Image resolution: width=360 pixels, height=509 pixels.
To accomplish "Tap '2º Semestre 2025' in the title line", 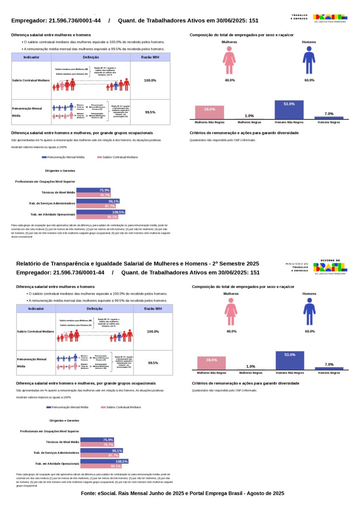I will point(235,264).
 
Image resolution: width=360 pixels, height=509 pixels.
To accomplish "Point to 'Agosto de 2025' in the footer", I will point(264,493).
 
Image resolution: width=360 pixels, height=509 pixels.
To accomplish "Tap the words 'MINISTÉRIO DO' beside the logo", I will point(296,264).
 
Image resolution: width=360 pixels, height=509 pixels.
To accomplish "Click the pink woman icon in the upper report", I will point(230,61).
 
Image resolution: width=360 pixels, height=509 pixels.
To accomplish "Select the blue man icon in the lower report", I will point(309,312).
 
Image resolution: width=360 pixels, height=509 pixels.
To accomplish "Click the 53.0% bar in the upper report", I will point(289,110).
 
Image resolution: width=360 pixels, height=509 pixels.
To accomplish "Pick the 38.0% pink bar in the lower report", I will point(211,363).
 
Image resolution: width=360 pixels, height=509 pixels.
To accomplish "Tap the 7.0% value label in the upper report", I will point(329,113).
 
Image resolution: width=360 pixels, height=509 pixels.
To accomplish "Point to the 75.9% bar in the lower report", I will point(97,440).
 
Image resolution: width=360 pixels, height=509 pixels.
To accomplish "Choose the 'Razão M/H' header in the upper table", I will point(150,57).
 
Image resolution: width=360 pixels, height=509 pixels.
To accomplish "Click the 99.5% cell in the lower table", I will point(153,363).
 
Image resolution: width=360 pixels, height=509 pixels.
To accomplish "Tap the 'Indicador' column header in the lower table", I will point(36,309).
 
